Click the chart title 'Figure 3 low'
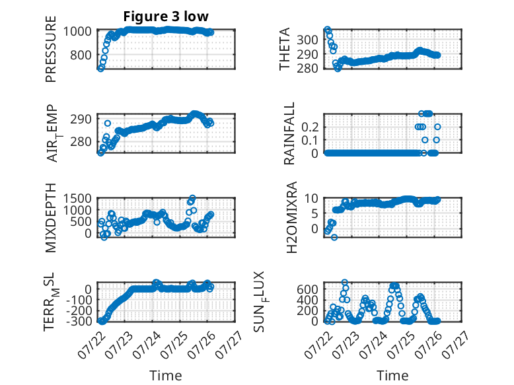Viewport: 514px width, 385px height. tap(166, 17)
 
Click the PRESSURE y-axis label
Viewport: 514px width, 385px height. tap(51, 49)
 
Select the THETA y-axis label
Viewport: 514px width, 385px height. tap(285, 49)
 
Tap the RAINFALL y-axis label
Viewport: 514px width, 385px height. tap(289, 133)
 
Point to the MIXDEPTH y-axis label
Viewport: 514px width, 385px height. tap(51, 218)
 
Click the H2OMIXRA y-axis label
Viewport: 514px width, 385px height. tap(291, 217)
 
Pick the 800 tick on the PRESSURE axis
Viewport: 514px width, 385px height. tap(81, 55)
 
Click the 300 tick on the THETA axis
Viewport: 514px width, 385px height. tap(307, 40)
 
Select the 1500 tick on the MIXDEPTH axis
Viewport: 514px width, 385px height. tap(77, 199)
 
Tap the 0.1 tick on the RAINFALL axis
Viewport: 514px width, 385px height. tap(310, 140)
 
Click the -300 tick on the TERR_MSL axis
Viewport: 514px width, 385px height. tap(79, 321)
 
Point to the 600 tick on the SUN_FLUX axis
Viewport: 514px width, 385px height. tap(307, 290)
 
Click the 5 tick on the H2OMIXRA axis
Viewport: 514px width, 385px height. tap(314, 214)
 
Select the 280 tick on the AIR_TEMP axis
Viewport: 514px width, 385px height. tap(81, 142)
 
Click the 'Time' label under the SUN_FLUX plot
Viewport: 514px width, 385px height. tap(392, 376)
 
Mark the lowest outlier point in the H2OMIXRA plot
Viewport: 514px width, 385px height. tap(334, 237)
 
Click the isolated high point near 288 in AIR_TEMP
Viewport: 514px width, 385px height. tap(108, 123)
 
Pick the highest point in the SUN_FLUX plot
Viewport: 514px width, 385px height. tap(344, 282)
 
